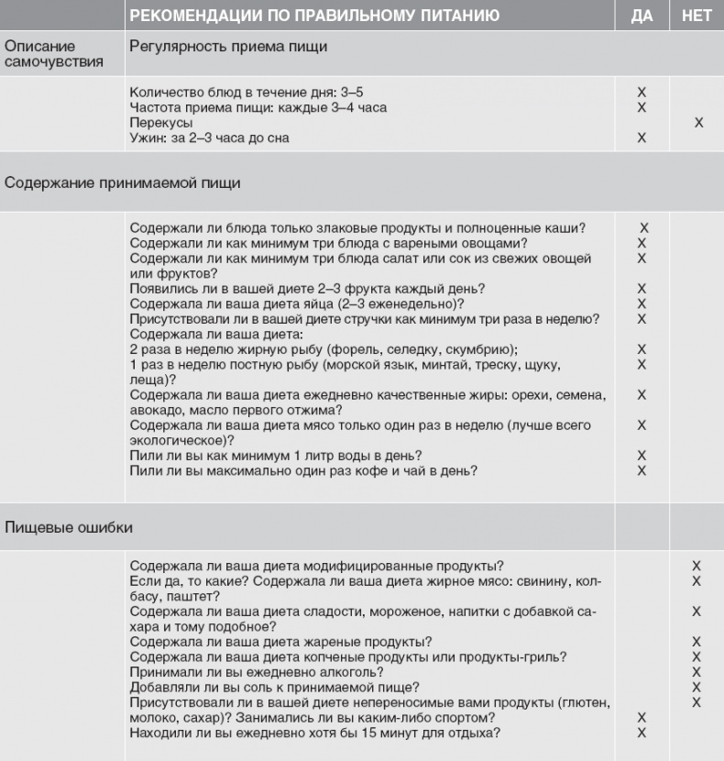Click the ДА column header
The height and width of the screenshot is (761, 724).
642,16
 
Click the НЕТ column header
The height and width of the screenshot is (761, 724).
697,16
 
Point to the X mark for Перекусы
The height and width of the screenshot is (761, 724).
698,122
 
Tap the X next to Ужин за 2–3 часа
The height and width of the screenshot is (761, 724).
642,138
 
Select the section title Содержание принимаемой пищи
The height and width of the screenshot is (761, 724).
123,182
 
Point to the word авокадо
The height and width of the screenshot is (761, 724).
156,409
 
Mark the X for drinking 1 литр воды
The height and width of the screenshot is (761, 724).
642,455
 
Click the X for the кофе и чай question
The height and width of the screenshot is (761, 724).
642,470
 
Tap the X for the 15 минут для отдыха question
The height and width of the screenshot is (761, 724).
642,732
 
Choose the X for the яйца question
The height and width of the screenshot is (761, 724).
642,303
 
